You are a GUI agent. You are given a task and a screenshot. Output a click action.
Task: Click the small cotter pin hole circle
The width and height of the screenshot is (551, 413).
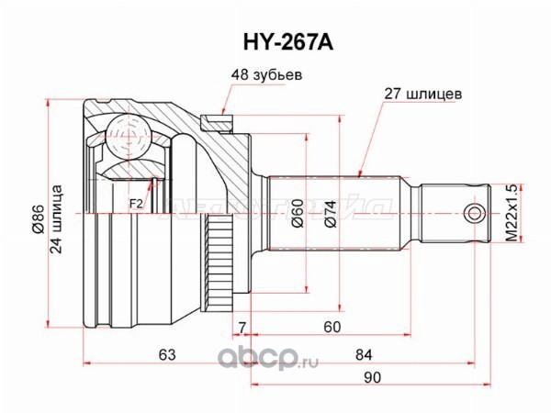point(473,214)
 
